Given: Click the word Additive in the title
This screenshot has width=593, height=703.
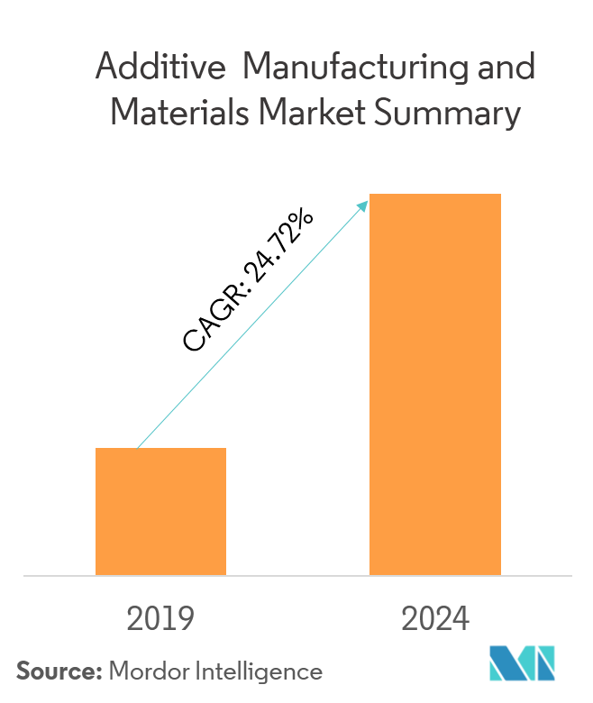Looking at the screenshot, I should [x=154, y=68].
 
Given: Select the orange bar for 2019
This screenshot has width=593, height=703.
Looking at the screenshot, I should [x=160, y=511].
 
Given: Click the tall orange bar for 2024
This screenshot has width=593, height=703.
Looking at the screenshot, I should [x=435, y=384].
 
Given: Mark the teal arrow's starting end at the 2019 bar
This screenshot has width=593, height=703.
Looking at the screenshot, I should [x=138, y=447].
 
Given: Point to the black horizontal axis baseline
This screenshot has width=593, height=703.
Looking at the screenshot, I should [x=296, y=575].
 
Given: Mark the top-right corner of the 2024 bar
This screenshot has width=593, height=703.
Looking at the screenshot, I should [x=500, y=195].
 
